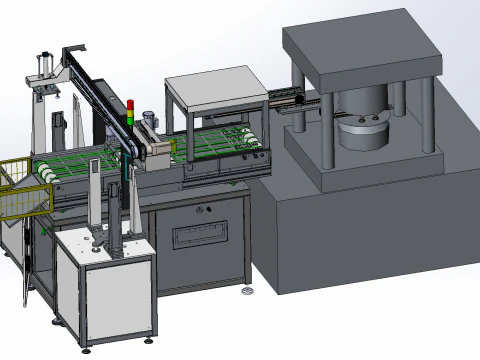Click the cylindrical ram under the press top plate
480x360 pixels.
pyautogui.click(x=361, y=104)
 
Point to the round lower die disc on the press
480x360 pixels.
pyautogui.click(x=362, y=133)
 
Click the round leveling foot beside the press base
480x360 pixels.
pyautogui.click(x=247, y=291)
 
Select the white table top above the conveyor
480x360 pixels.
pyautogui.click(x=215, y=84)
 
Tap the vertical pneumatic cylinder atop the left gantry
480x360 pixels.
pyautogui.click(x=43, y=68)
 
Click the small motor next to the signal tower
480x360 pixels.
pyautogui.click(x=148, y=119)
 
